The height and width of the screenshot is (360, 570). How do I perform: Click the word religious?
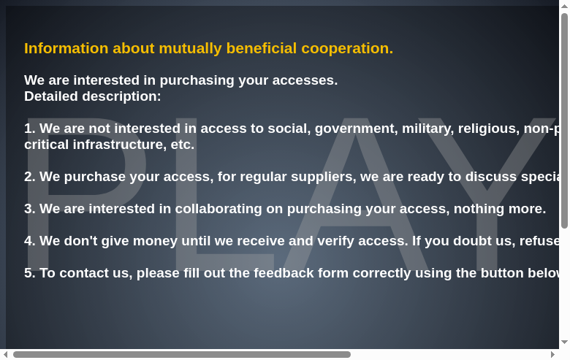(x=487, y=129)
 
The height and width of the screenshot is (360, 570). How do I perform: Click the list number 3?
(x=29, y=209)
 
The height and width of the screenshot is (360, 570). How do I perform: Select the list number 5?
(x=29, y=273)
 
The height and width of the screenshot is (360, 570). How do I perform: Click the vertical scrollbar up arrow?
(x=564, y=7)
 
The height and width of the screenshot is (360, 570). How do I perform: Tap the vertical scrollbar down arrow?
(x=564, y=342)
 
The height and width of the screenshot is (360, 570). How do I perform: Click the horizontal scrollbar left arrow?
(x=6, y=355)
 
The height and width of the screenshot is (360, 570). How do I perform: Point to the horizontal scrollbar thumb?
(x=181, y=355)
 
